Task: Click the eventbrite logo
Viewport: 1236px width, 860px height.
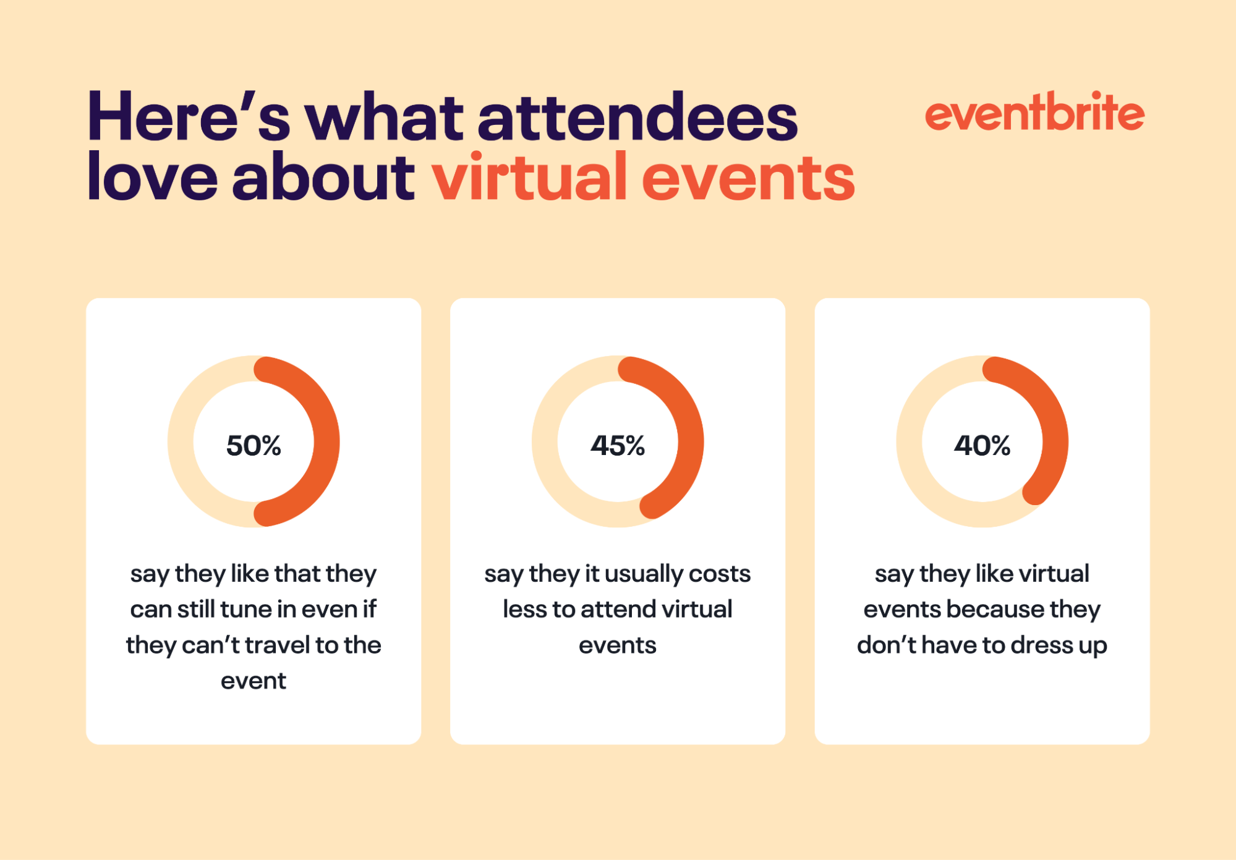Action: point(1034,113)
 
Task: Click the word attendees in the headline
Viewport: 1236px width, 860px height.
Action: point(637,117)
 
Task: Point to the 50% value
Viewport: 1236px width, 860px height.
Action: point(254,445)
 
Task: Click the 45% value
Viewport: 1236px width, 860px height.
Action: point(618,445)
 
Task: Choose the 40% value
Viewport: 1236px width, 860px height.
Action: point(982,445)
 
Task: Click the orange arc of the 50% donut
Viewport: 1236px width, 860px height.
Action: point(326,441)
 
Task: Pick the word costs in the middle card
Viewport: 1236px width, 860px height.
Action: point(720,574)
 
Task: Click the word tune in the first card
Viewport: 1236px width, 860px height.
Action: point(247,610)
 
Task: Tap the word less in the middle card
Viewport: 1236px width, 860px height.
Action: point(525,610)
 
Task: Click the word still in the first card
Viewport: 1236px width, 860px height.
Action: point(196,610)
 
